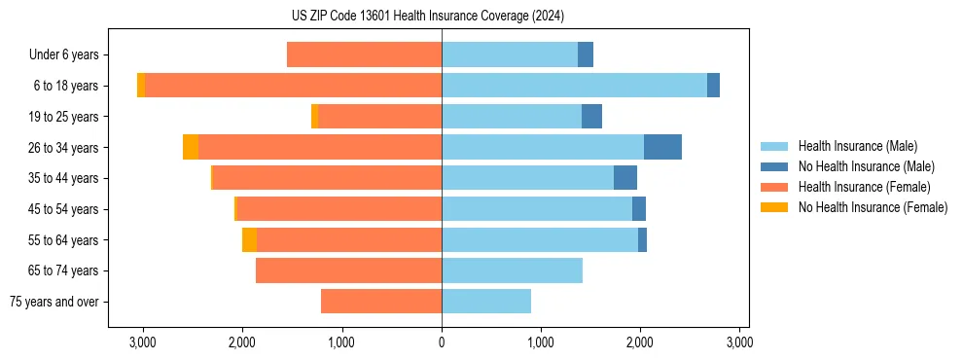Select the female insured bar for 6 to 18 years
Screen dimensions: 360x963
point(293,86)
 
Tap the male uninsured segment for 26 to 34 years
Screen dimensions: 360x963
point(662,147)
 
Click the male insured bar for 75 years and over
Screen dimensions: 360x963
point(486,302)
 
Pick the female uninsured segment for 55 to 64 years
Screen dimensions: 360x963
point(249,239)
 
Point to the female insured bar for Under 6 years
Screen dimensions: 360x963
point(364,54)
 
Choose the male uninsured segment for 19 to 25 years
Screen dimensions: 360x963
point(591,117)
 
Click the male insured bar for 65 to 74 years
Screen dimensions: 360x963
point(512,270)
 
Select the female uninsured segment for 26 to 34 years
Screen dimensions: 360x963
point(191,147)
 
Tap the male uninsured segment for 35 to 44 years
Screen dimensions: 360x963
point(625,178)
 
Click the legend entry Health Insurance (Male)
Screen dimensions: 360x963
point(857,146)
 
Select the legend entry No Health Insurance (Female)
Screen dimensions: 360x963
point(873,207)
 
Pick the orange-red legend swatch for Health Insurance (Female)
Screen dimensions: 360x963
point(774,187)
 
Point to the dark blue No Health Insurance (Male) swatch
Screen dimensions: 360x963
point(774,166)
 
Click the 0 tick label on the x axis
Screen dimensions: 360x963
point(442,342)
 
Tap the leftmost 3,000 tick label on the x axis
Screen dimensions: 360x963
point(143,342)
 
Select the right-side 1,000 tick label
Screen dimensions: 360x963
point(541,342)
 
